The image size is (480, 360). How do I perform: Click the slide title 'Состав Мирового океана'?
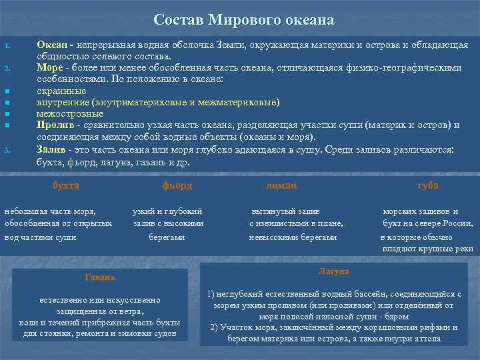(243, 19)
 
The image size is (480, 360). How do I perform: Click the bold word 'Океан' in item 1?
(51, 45)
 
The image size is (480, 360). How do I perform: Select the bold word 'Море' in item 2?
(49, 67)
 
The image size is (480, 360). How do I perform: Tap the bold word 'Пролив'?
(54, 125)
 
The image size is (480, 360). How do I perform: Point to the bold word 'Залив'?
(52, 149)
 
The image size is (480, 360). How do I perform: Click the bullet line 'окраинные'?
(61, 91)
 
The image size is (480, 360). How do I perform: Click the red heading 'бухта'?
(66, 185)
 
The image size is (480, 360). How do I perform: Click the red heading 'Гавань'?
(100, 277)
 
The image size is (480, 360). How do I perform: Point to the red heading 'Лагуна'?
(333, 271)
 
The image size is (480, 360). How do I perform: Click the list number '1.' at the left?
(7, 46)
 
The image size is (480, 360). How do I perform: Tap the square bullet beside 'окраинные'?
(7, 91)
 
